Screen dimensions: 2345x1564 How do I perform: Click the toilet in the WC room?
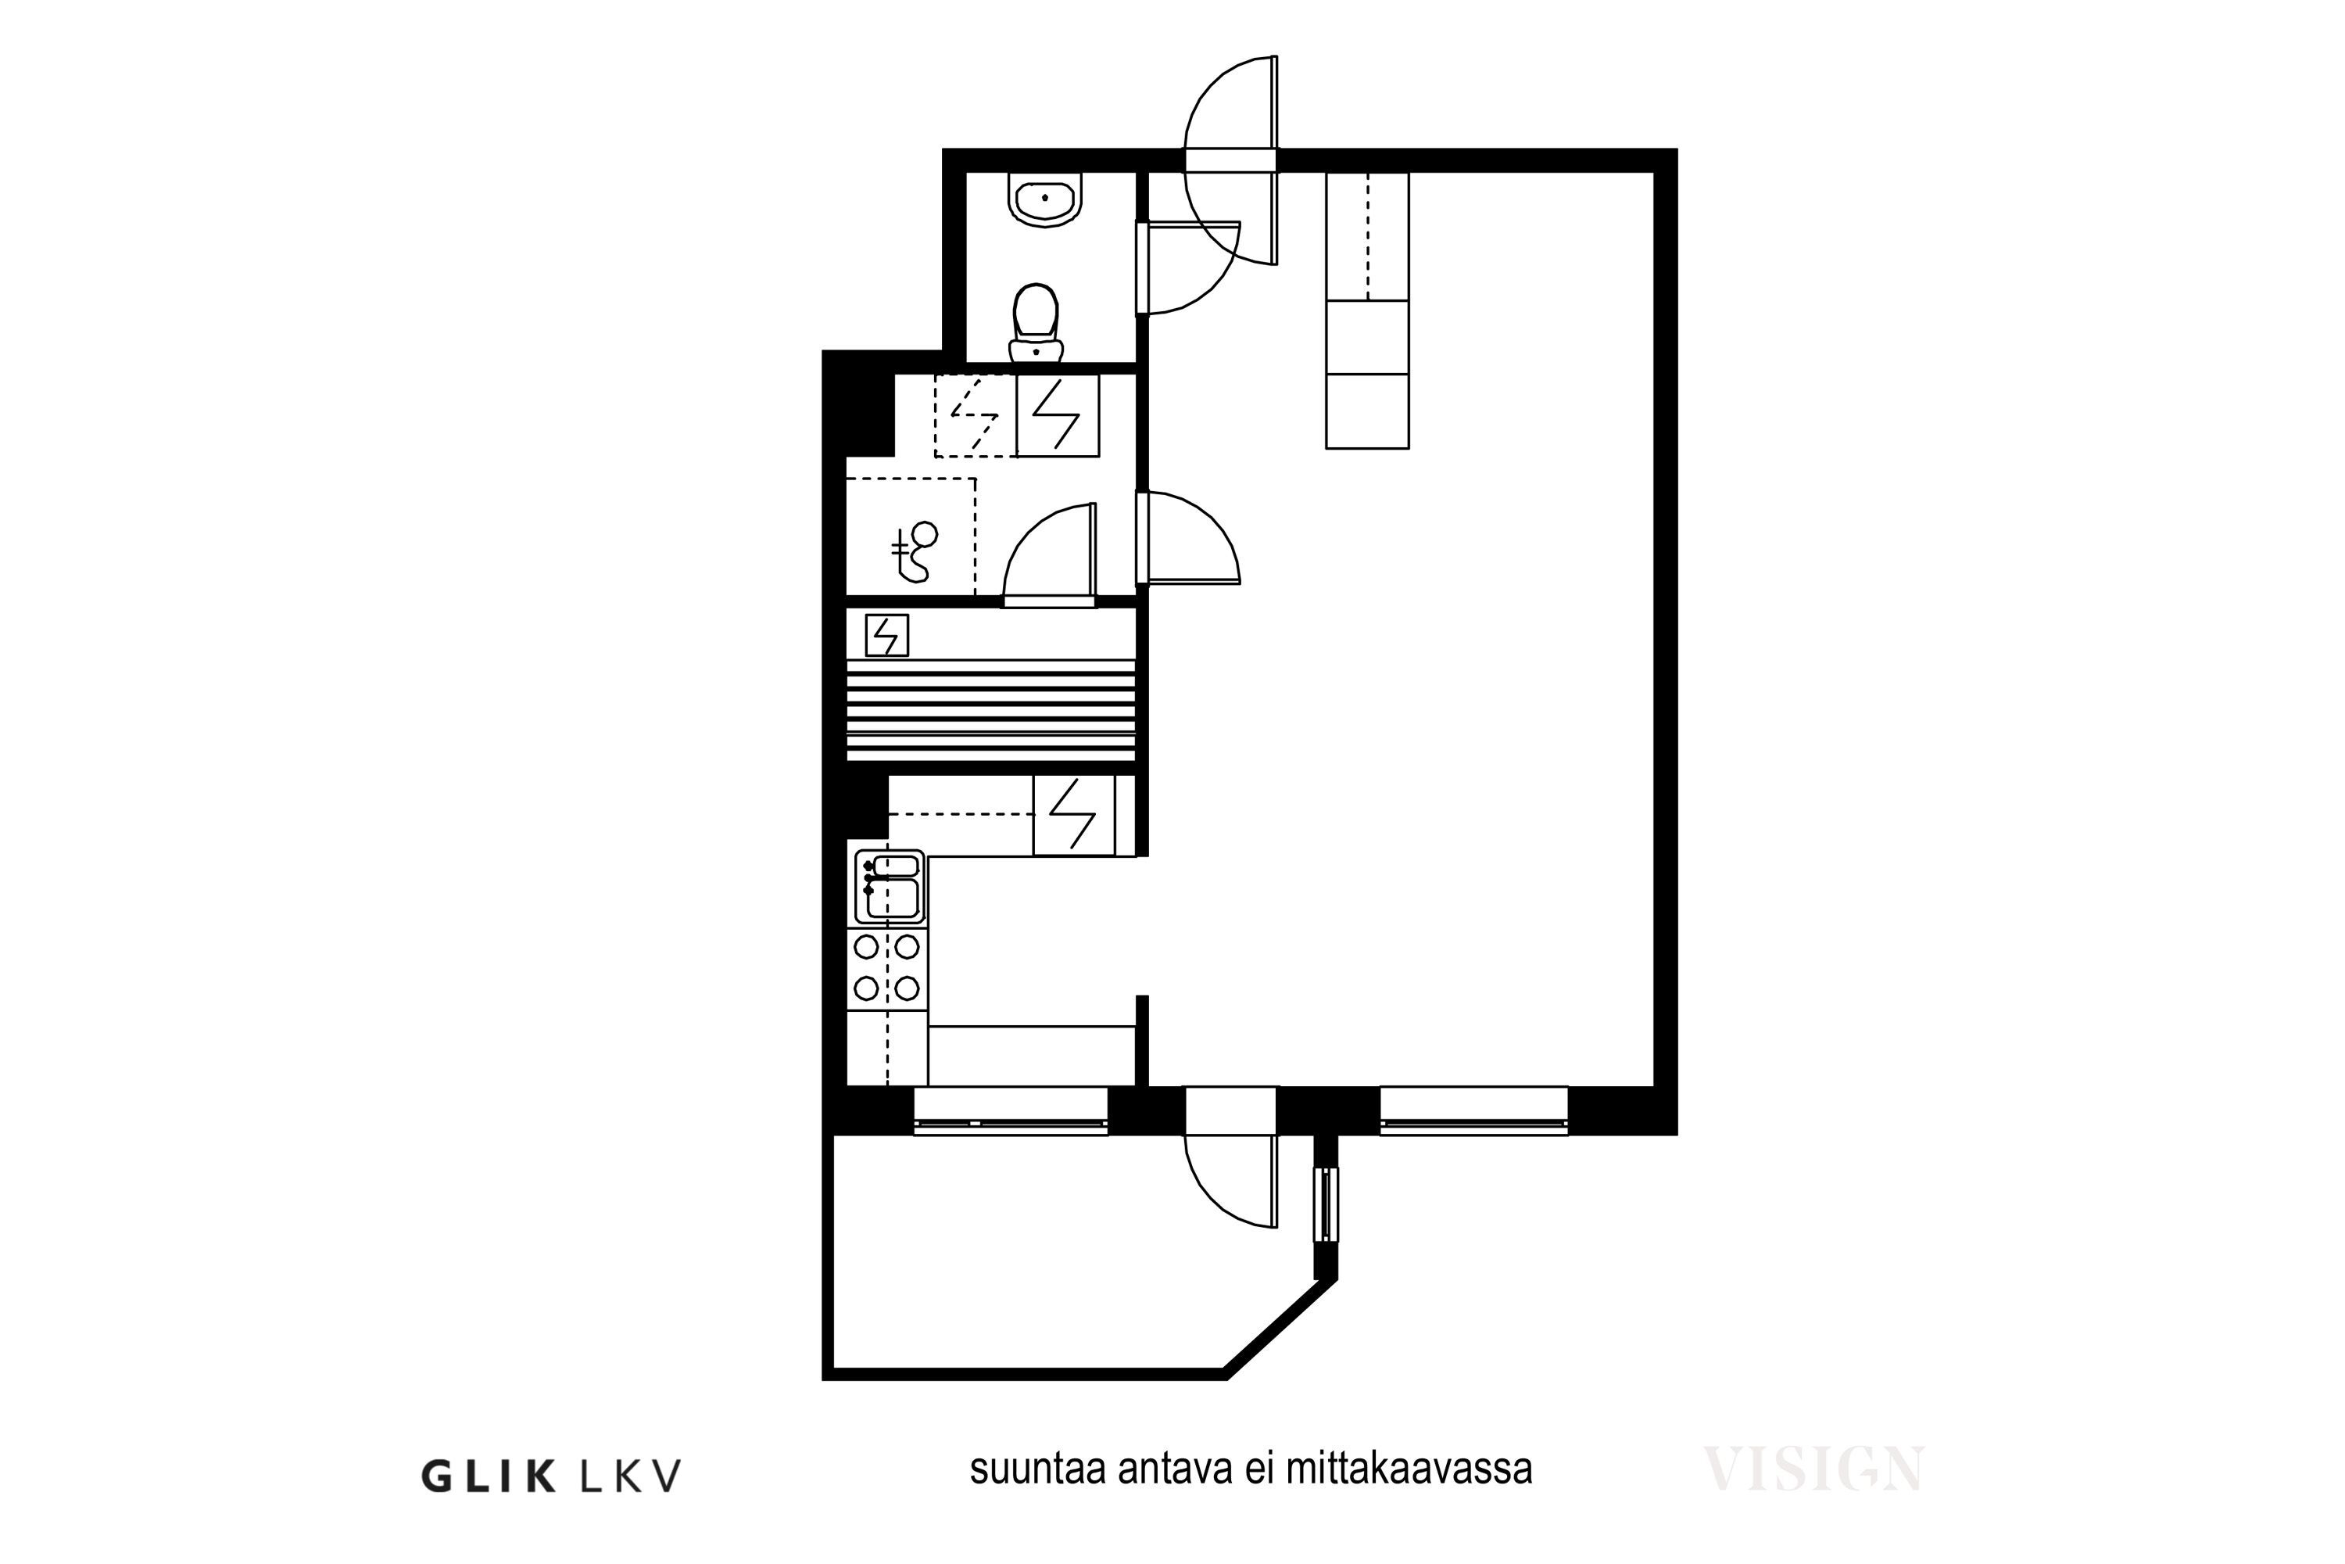click(x=1036, y=323)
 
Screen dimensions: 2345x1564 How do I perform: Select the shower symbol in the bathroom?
click(x=913, y=551)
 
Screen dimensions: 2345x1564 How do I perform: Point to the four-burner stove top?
click(x=886, y=967)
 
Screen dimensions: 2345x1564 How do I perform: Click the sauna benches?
click(x=991, y=709)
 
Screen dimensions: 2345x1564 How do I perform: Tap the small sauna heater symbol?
click(x=886, y=635)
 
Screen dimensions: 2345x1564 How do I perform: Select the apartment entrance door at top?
click(x=1231, y=160)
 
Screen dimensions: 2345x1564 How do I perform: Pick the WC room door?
click(x=1188, y=267)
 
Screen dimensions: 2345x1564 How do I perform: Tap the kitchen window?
click(x=1011, y=1111)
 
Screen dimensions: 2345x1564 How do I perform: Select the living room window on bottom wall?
click(x=1473, y=1111)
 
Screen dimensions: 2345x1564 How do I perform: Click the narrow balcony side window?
click(x=1325, y=1204)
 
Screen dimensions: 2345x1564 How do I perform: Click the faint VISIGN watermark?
click(x=1813, y=1469)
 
